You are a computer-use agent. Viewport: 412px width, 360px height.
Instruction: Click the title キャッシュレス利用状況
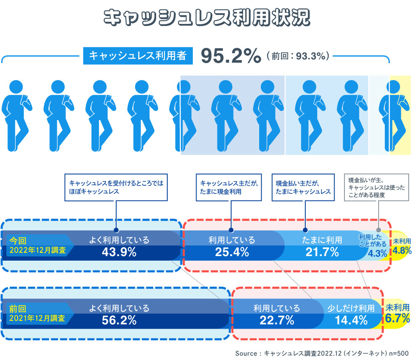tap(206, 18)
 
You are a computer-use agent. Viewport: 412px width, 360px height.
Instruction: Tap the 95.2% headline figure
tap(231, 56)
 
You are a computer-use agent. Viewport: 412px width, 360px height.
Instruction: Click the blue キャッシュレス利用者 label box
tap(138, 56)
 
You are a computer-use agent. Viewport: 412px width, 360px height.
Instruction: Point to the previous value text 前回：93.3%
tap(298, 56)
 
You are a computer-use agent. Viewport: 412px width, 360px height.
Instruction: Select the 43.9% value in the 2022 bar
tap(119, 252)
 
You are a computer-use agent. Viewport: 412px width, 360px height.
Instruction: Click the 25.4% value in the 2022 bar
tap(232, 252)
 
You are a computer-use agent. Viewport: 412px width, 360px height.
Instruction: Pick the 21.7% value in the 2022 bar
tap(322, 252)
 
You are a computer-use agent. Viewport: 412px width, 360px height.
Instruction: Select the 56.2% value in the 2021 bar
tap(119, 319)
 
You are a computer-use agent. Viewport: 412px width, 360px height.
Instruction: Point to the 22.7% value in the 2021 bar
tap(276, 319)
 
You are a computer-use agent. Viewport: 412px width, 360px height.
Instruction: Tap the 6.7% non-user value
tap(398, 318)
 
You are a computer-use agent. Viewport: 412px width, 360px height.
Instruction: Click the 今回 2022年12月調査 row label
tap(37, 245)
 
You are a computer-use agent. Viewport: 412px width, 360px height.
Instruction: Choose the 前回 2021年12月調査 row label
tap(37, 313)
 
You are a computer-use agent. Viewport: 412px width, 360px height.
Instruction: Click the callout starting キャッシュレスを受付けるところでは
tap(117, 187)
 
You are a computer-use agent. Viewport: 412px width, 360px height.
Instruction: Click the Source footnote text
tap(321, 353)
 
